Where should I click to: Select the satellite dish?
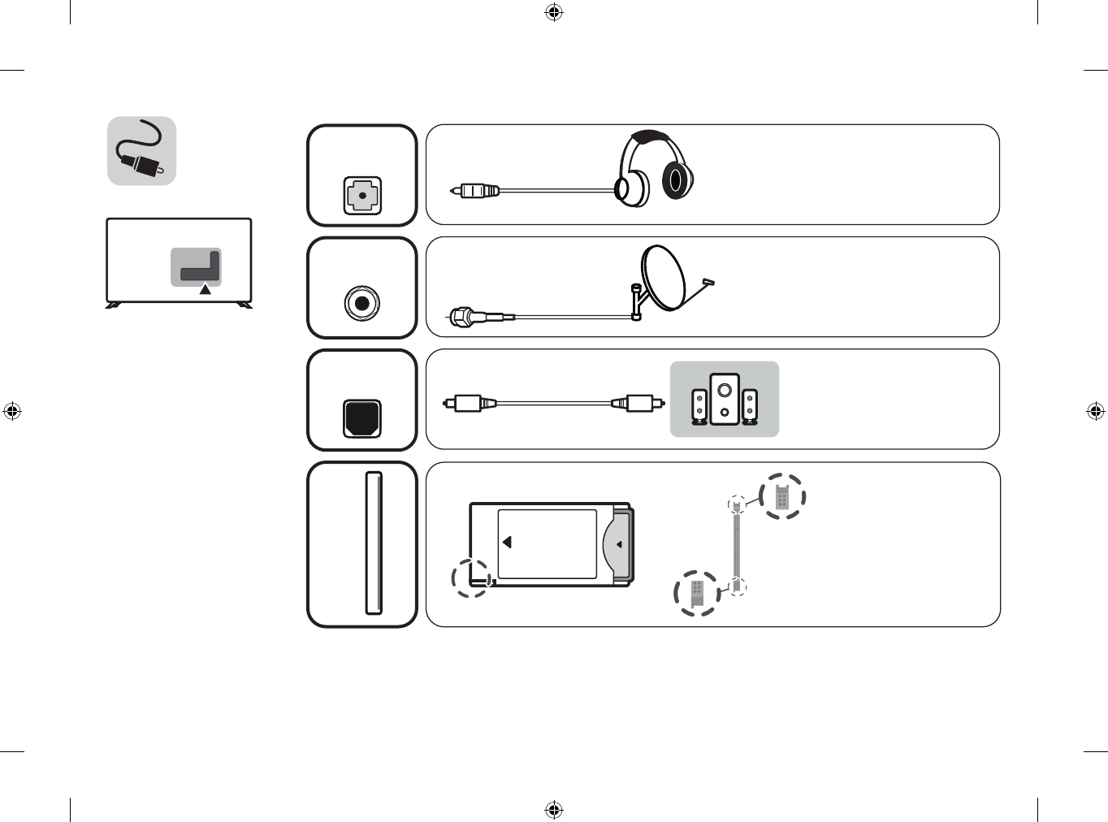[x=664, y=278]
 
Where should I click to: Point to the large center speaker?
[x=725, y=399]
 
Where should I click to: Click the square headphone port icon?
[x=362, y=196]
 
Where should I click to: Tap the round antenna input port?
[x=362, y=304]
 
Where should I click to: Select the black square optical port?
[x=362, y=417]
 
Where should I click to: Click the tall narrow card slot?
[x=374, y=543]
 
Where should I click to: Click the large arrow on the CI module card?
[x=507, y=542]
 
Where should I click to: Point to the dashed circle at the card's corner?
[x=472, y=578]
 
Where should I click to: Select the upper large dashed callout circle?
[x=782, y=496]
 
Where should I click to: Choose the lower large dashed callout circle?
[x=697, y=593]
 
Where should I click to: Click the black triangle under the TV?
[x=206, y=289]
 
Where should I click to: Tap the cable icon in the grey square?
[x=142, y=151]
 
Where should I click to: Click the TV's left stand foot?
[x=114, y=305]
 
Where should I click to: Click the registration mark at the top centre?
[x=554, y=12]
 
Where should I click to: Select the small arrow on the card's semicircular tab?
[x=619, y=544]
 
